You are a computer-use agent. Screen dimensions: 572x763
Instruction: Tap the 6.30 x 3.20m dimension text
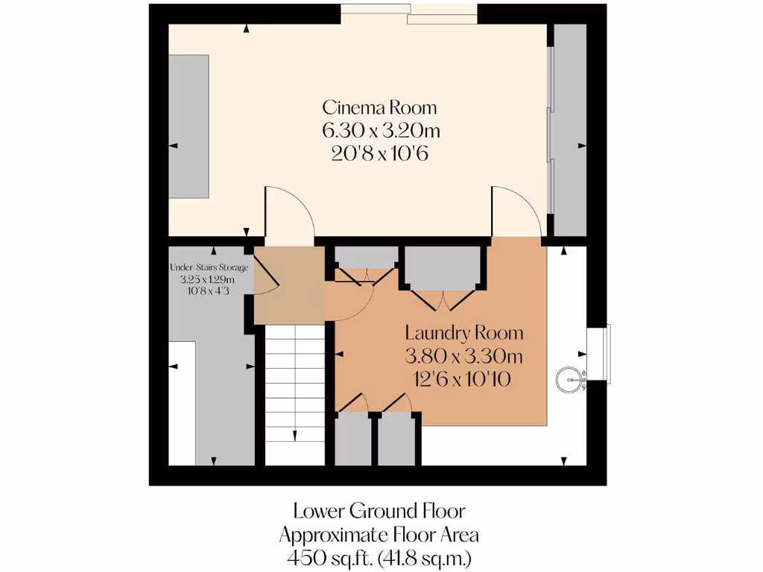pos(379,131)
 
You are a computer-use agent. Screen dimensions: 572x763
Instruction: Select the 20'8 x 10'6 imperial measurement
pos(379,155)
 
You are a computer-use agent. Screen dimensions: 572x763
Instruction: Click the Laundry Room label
pos(463,333)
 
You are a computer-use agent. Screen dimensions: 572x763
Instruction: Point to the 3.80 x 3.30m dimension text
pos(463,355)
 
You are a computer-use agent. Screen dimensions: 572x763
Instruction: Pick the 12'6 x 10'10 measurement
pos(463,379)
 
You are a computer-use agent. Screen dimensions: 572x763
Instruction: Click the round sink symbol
pos(569,380)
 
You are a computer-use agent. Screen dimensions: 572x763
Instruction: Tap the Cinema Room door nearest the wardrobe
pos(516,214)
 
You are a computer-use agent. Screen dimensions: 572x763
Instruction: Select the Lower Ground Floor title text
pos(379,512)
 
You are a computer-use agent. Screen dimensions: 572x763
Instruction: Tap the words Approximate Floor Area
pos(379,535)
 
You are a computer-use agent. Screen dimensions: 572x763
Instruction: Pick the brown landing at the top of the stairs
pos(289,286)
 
